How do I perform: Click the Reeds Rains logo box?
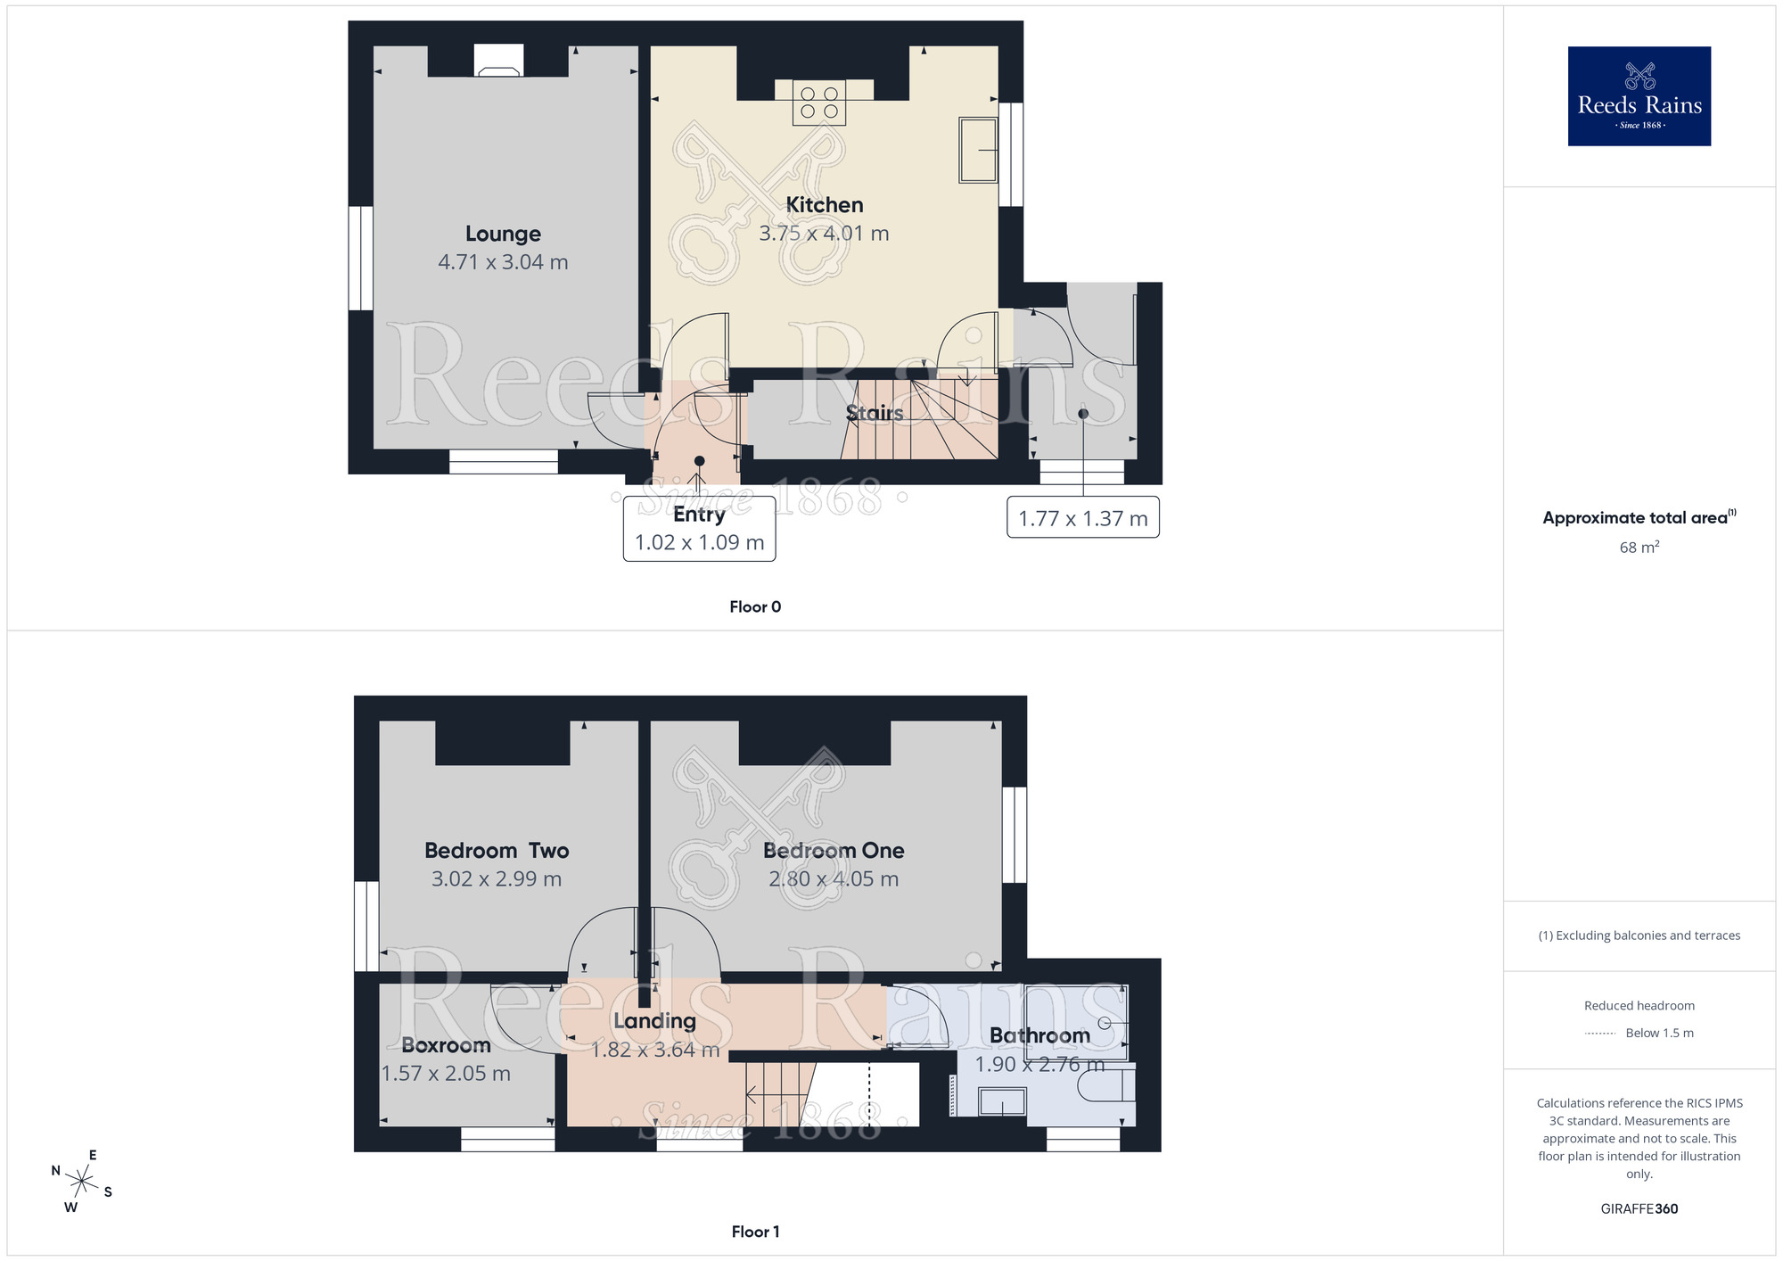1639,96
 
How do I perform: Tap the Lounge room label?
503,234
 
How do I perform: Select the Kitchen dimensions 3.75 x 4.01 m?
824,234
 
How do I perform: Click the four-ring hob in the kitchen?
819,103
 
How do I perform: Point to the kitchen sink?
977,150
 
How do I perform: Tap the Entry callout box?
699,529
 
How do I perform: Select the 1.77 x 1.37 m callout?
1082,518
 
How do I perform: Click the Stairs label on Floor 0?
875,413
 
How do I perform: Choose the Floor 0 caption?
755,607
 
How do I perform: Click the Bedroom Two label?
497,851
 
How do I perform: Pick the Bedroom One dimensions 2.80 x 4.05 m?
834,879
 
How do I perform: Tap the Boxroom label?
446,1045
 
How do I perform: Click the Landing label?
654,1021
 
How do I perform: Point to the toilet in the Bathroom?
1105,1084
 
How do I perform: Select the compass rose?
81,1182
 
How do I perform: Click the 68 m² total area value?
1639,548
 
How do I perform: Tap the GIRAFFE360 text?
1639,1209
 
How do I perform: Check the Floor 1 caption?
755,1232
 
